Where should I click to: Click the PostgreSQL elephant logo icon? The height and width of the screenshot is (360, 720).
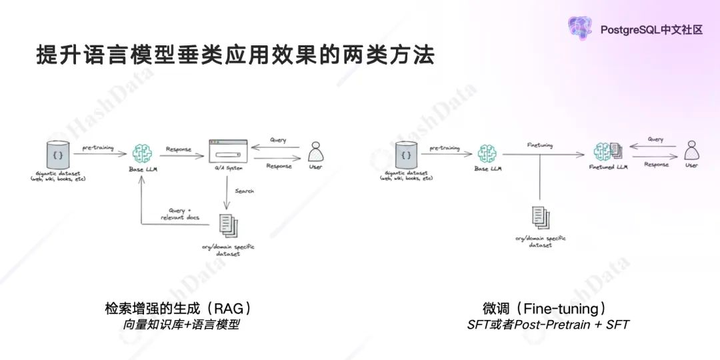tap(579, 27)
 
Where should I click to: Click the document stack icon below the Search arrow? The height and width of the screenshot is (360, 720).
tap(227, 223)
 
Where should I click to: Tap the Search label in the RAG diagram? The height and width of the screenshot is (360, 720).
tap(244, 191)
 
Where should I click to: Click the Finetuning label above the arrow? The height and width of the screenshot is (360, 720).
tap(539, 145)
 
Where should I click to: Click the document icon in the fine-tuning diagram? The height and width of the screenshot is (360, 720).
tap(539, 216)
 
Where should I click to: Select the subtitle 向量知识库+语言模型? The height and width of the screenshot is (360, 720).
tap(181, 325)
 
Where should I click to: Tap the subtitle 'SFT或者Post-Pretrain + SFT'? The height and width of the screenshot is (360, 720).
tap(548, 325)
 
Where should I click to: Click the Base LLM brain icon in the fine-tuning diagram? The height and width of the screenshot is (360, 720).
tap(490, 153)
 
